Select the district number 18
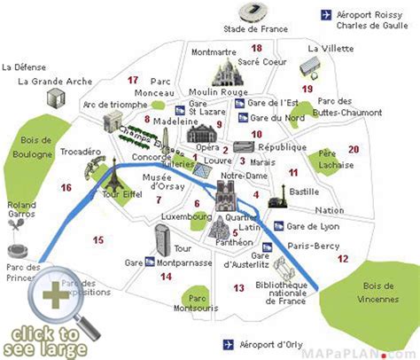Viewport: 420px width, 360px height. pos(257,48)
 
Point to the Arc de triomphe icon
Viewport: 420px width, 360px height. pos(113,122)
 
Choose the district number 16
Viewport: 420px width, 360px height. pos(66,187)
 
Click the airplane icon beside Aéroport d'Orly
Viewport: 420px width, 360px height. pos(229,343)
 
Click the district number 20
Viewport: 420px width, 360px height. pos(354,149)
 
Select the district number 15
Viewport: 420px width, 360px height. pos(97,239)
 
